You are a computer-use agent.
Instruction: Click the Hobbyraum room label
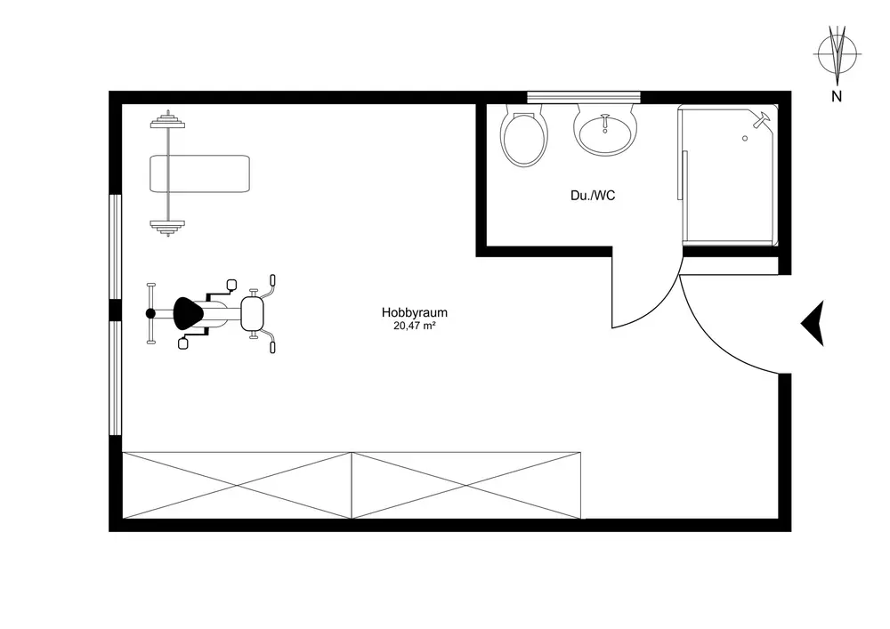414,312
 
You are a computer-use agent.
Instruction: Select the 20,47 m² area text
414,327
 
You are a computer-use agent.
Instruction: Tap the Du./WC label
593,196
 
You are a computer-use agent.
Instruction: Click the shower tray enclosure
728,178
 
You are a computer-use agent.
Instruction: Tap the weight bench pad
199,173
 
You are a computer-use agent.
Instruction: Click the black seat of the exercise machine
189,312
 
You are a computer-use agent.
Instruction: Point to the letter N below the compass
836,97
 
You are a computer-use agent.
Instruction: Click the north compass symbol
836,53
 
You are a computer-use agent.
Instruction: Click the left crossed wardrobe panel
238,485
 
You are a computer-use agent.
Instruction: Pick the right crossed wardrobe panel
466,485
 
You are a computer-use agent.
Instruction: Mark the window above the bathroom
584,96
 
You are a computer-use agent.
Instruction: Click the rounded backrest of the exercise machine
254,311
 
